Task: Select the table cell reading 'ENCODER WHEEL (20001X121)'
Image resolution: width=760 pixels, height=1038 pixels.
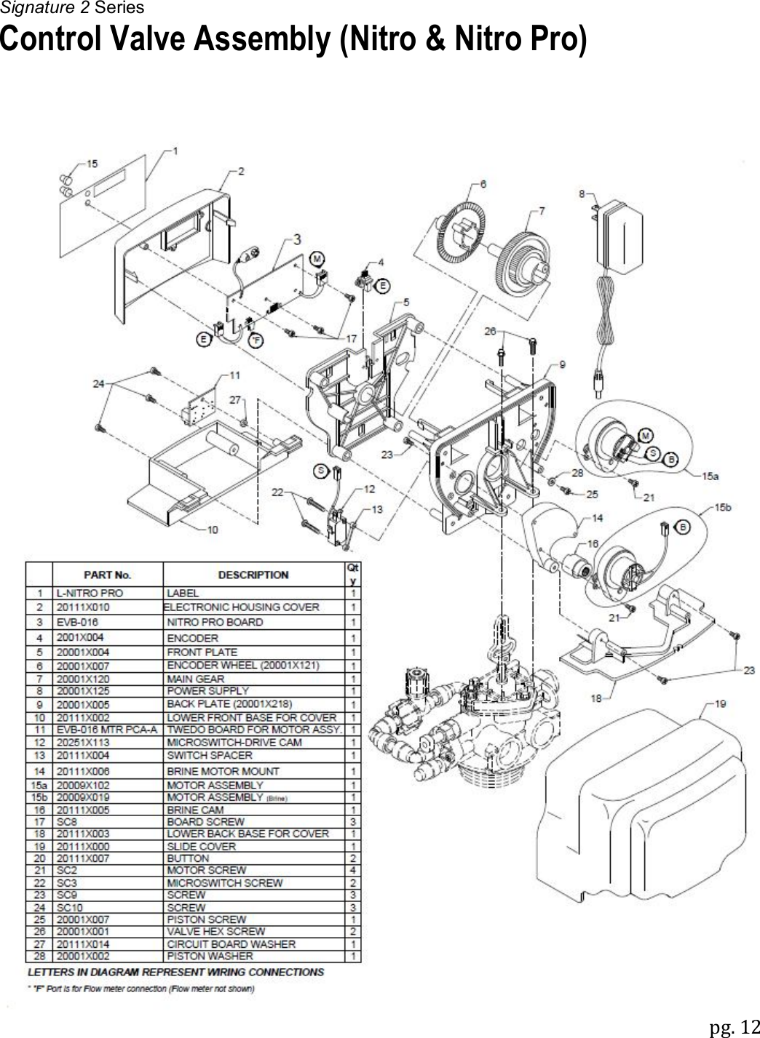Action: (x=243, y=666)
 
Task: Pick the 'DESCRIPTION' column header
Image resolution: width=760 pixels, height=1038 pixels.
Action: (x=253, y=575)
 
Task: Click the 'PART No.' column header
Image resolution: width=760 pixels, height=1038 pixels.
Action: (x=107, y=575)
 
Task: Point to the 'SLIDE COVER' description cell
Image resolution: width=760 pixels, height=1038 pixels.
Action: (x=202, y=846)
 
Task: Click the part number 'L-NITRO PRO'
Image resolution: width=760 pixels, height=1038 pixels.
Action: (x=90, y=593)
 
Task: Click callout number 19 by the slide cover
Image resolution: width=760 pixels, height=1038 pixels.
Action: (x=719, y=703)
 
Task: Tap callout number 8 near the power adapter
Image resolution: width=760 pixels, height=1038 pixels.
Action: (x=582, y=193)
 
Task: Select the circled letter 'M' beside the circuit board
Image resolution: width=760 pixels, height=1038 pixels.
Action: (x=317, y=258)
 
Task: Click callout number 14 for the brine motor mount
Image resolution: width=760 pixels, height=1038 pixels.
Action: (x=597, y=518)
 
